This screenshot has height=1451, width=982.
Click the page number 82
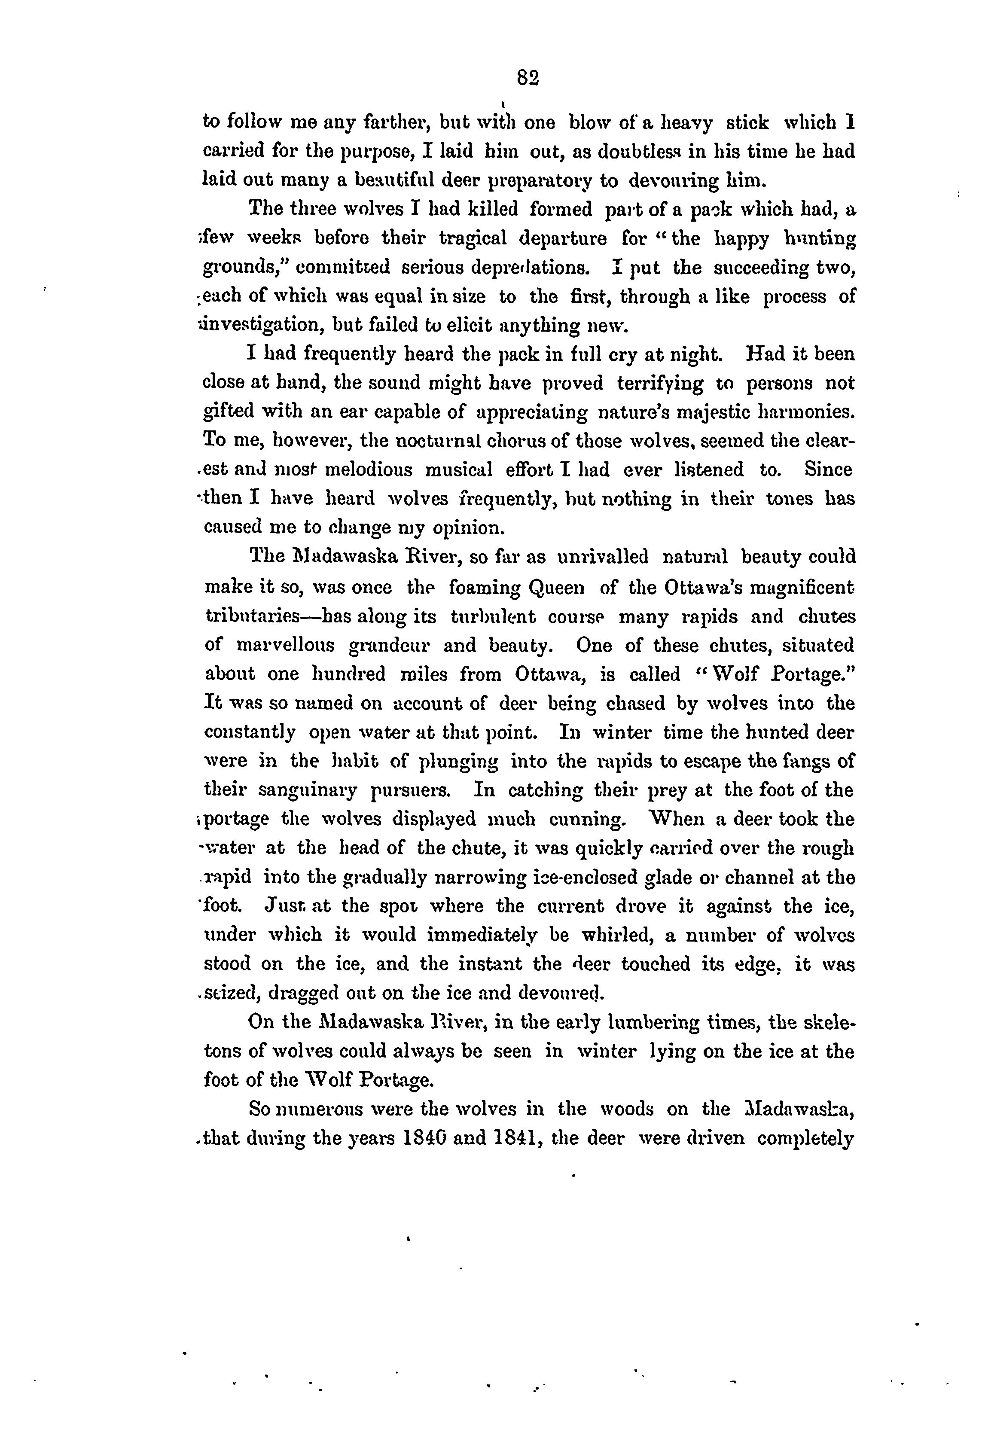pyautogui.click(x=528, y=77)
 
